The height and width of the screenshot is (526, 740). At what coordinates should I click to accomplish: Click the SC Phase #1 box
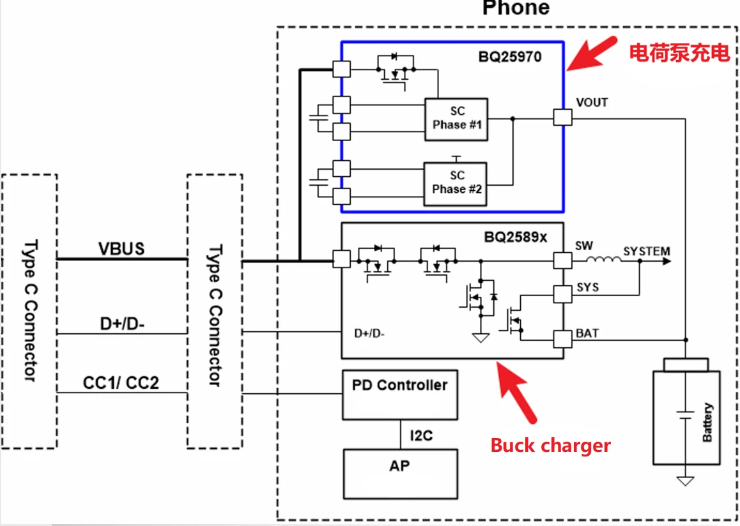click(456, 119)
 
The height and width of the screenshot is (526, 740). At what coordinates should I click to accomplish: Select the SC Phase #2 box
click(456, 183)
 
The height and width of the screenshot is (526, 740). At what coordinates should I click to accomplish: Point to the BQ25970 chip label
click(510, 57)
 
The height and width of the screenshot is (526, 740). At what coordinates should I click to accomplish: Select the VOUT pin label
click(592, 102)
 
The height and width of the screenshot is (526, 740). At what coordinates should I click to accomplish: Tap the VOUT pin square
click(562, 117)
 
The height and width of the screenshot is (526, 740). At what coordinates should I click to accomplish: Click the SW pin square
click(562, 260)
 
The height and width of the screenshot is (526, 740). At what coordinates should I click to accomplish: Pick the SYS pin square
click(562, 294)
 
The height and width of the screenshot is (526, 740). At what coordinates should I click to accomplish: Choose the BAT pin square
click(562, 339)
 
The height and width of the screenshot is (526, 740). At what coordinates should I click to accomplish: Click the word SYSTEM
click(646, 251)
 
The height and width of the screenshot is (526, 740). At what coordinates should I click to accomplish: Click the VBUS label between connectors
click(121, 248)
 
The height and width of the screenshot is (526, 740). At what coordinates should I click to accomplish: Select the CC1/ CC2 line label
click(121, 383)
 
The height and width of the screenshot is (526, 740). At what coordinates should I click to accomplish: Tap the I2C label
click(421, 436)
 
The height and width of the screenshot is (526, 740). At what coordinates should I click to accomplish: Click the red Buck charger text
click(550, 445)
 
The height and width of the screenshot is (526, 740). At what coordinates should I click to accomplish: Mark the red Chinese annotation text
click(679, 53)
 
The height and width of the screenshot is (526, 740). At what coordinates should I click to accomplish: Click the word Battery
click(707, 422)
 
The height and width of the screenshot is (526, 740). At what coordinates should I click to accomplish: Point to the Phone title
click(516, 8)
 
